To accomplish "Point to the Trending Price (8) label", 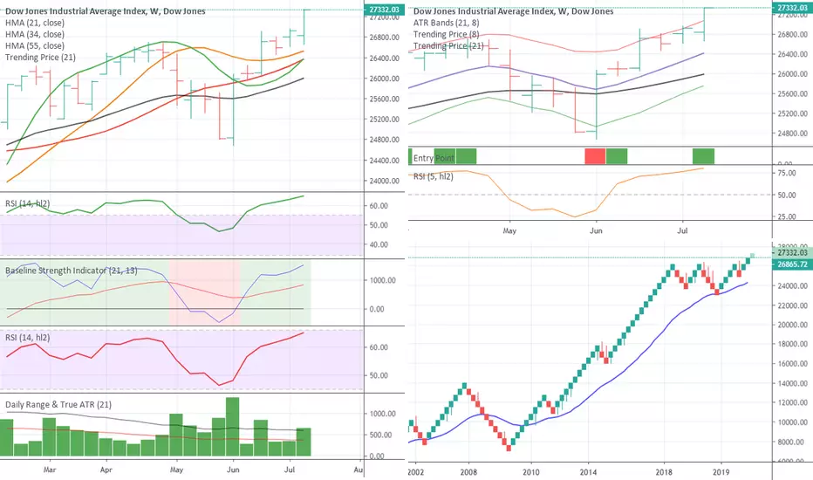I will click(446, 34).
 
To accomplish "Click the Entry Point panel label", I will click(435, 158).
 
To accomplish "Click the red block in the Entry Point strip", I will click(595, 157).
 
